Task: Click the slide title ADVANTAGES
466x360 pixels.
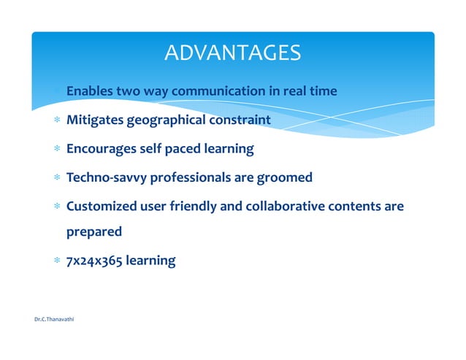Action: coord(232,53)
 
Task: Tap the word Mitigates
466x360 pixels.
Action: coord(95,120)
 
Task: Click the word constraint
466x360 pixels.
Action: coord(241,120)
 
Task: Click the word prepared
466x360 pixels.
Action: coord(93,232)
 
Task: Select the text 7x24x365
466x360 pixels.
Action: coord(94,261)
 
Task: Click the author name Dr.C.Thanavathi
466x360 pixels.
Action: coord(54,320)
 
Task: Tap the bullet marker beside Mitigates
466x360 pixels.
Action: coord(56,120)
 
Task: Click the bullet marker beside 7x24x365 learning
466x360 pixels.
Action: coord(56,261)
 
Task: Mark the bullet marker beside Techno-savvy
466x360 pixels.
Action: coord(56,178)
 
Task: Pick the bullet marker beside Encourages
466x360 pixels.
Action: coord(56,150)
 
